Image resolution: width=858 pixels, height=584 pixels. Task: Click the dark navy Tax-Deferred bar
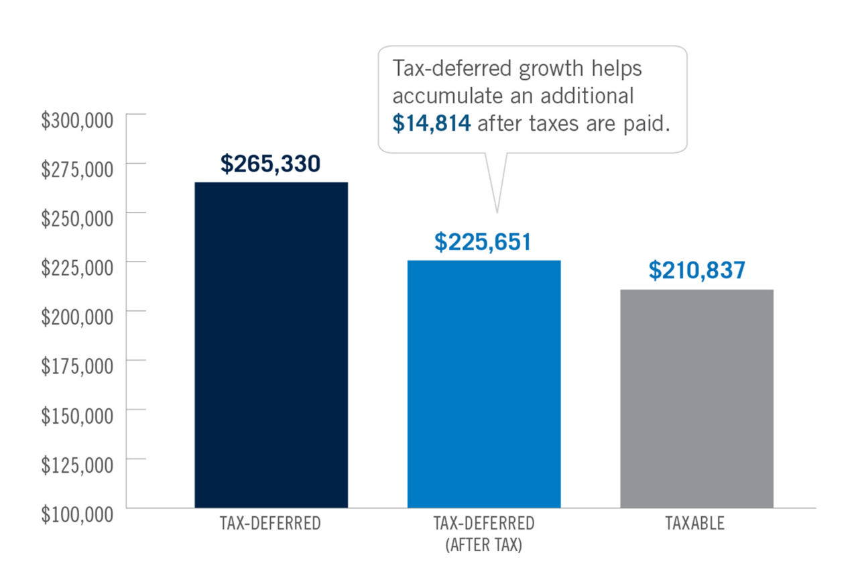point(271,345)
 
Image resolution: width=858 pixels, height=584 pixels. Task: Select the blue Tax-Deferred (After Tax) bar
point(484,384)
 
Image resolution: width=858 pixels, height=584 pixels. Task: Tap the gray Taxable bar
point(696,398)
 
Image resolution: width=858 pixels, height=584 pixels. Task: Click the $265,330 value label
point(270,164)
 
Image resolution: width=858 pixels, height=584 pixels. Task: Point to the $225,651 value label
point(483,242)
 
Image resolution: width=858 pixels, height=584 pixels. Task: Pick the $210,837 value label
point(696,271)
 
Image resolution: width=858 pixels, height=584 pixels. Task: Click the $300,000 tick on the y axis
point(77,121)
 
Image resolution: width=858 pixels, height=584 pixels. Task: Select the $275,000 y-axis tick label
point(77,170)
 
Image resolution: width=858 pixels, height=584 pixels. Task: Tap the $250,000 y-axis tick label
point(77,219)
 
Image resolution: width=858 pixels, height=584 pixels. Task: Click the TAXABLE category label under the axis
point(695,524)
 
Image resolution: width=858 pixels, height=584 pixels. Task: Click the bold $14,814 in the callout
point(432,125)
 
